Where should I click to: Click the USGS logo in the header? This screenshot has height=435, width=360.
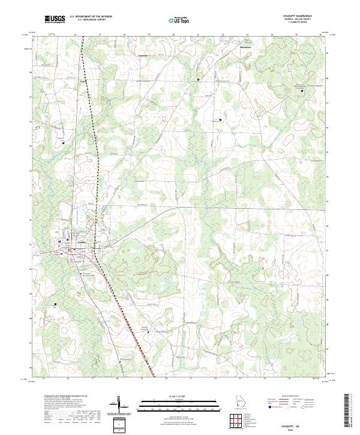point(55,19)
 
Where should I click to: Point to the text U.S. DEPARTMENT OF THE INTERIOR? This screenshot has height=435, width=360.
point(91,17)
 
